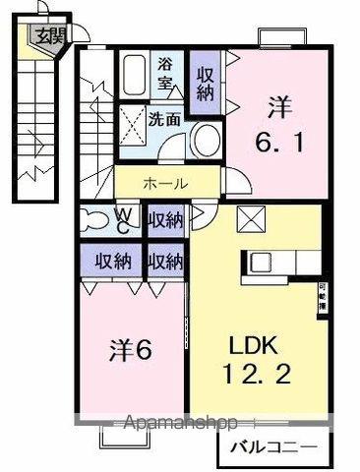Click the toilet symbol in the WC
click(x=96, y=216)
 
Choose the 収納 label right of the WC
click(x=165, y=218)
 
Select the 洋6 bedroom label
click(x=128, y=351)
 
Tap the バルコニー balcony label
click(x=273, y=448)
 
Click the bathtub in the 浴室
click(x=138, y=74)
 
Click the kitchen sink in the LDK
click(x=263, y=263)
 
